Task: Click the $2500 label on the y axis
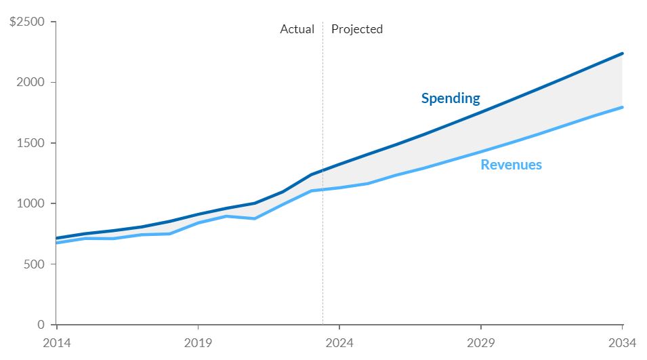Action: coord(27,22)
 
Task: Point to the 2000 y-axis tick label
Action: coord(31,82)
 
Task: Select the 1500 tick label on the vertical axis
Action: coord(31,143)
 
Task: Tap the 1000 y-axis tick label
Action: coord(31,203)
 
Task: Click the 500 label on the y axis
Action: coord(35,264)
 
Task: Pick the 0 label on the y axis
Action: coord(41,325)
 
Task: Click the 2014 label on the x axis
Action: coord(56,342)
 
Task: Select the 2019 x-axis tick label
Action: coord(197,342)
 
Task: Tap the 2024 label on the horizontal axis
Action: coord(339,342)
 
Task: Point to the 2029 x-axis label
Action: coord(480,342)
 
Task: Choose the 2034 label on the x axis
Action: coord(621,342)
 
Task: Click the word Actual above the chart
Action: coord(297,29)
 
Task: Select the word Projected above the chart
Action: coord(357,29)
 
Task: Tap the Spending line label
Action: coord(451,98)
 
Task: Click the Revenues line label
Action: coord(512,165)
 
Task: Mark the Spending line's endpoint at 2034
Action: coord(622,54)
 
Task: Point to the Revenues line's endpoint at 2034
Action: coord(622,107)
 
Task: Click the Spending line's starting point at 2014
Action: coord(56,239)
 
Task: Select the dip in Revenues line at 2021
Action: coord(254,218)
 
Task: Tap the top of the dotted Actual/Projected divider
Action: coord(322,23)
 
